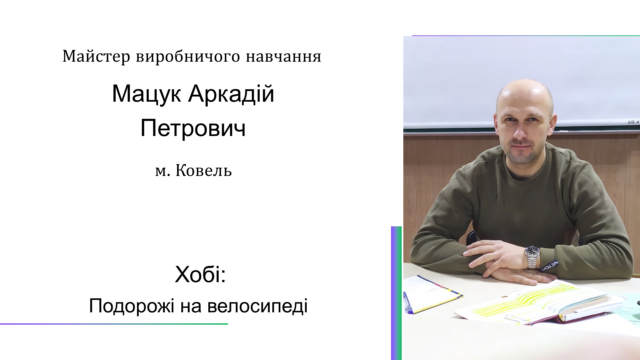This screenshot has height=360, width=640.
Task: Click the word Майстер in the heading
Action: [x=96, y=56]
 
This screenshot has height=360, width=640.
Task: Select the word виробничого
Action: [x=188, y=56]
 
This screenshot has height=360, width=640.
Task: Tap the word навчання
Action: [x=284, y=56]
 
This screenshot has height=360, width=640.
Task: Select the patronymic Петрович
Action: [x=193, y=128]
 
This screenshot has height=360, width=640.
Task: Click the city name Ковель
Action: [x=203, y=170]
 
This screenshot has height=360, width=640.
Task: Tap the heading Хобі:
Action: [x=200, y=275]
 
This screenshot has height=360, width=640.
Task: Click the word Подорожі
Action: [x=132, y=306]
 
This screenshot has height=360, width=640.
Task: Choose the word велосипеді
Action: [x=257, y=306]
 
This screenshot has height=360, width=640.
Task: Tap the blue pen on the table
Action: [x=408, y=302]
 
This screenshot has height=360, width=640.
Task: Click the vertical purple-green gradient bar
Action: [x=396, y=293]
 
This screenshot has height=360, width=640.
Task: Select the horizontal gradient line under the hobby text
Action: [x=114, y=324]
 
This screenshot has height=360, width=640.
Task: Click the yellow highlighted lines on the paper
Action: [x=520, y=302]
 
